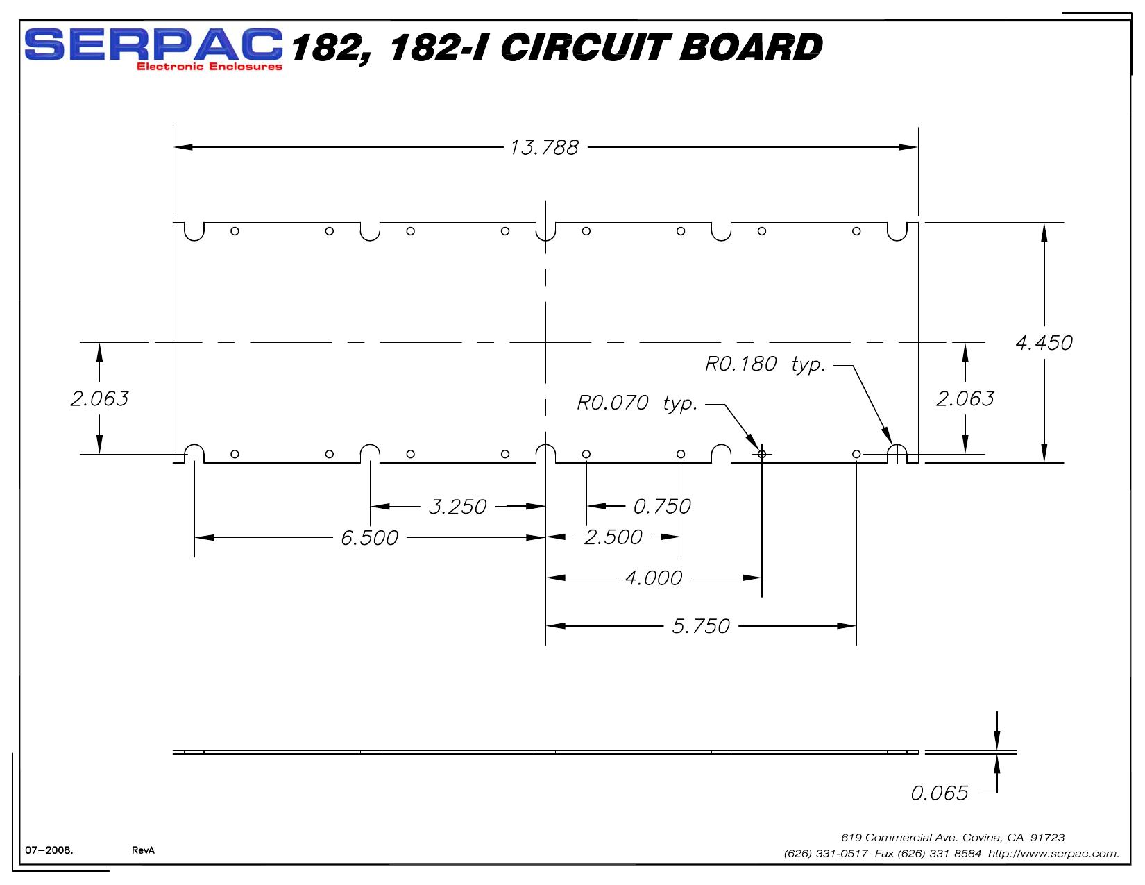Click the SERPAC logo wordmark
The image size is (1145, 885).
(x=153, y=44)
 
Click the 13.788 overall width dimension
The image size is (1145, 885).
(x=544, y=148)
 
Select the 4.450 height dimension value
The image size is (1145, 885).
(x=1044, y=343)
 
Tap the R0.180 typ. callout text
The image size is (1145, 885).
(x=765, y=364)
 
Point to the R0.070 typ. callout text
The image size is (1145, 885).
(x=637, y=403)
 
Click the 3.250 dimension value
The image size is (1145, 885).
(x=457, y=507)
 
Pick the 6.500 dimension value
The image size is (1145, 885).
(x=369, y=538)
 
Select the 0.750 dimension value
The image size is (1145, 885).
(x=662, y=507)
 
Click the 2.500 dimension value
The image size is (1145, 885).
(x=613, y=538)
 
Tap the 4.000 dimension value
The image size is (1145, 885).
(x=654, y=578)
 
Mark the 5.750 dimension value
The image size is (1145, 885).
(x=701, y=626)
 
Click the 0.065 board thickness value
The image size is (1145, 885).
(x=940, y=793)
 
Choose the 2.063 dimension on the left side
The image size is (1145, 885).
(x=100, y=399)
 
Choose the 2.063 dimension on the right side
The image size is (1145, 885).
(x=965, y=399)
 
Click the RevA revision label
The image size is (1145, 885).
(x=144, y=850)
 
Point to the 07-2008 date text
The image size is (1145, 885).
(x=49, y=850)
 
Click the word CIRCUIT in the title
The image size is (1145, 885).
(x=586, y=47)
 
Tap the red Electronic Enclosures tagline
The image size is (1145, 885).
(x=210, y=67)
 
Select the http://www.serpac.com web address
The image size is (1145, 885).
(x=1053, y=853)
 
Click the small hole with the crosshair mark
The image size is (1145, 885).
(x=762, y=454)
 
